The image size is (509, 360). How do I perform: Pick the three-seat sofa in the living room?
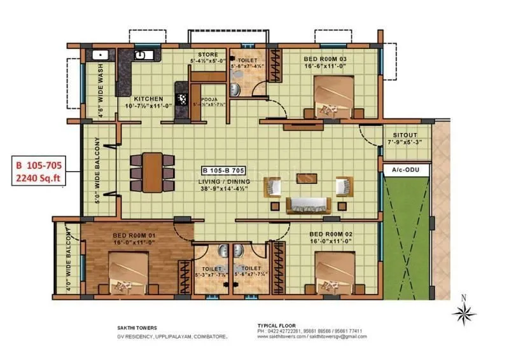pos(307,205)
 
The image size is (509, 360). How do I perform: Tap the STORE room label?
pos(208,55)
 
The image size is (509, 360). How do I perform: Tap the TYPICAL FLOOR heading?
pos(276,325)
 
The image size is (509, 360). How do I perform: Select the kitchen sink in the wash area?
pos(99,55)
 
